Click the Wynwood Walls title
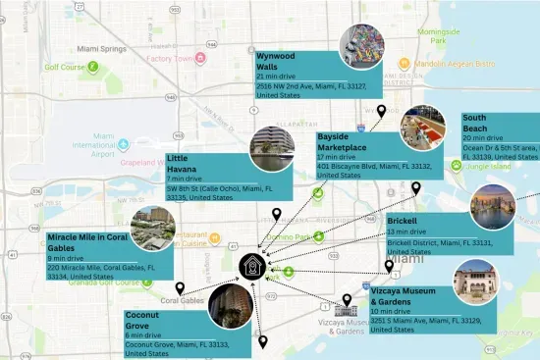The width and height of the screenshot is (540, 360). coord(277,62)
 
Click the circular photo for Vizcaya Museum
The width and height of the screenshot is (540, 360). coord(475,283)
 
